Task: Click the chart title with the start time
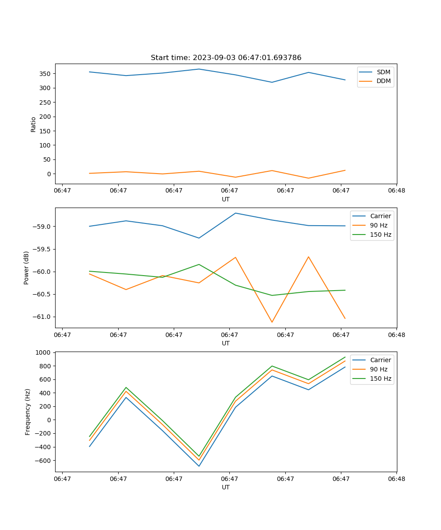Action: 226,58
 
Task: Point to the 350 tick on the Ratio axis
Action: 47,74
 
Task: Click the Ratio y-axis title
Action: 34,124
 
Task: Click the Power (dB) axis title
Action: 26,268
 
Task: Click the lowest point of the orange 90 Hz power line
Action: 272,322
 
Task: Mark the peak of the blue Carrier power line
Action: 235,213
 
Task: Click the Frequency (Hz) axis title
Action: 27,412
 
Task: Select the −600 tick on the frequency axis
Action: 43,461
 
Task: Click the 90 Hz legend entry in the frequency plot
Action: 379,369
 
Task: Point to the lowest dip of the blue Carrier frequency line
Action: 199,466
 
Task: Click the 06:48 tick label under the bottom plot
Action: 396,478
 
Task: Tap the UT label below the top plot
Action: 226,199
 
